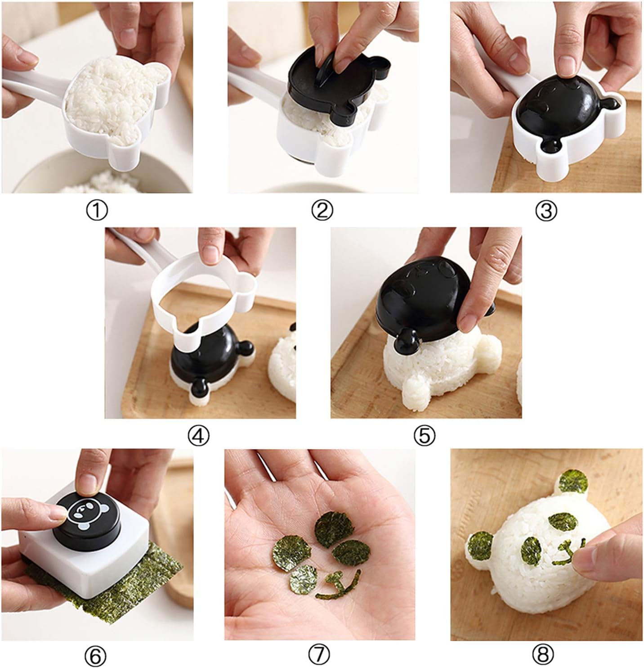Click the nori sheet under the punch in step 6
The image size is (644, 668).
(148, 585)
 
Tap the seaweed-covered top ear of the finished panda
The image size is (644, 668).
(573, 482)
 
